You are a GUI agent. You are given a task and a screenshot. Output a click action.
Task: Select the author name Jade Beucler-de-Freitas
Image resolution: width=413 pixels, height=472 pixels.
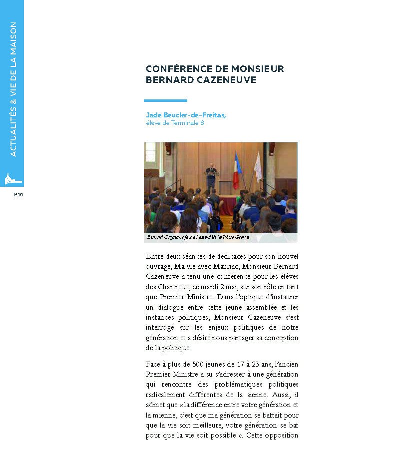186,115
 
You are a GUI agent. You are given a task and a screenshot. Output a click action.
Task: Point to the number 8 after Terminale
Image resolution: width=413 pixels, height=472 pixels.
202,123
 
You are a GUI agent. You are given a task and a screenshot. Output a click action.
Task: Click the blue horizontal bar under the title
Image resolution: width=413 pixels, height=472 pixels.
165,100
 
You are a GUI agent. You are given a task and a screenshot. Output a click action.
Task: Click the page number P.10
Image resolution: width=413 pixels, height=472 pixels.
18,194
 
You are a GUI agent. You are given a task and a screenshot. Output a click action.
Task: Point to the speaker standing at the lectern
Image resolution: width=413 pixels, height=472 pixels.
211,175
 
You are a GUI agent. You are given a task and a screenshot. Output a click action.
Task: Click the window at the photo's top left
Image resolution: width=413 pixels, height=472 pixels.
150,152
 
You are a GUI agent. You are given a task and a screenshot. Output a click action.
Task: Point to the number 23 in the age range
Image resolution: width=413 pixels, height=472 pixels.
242,364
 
